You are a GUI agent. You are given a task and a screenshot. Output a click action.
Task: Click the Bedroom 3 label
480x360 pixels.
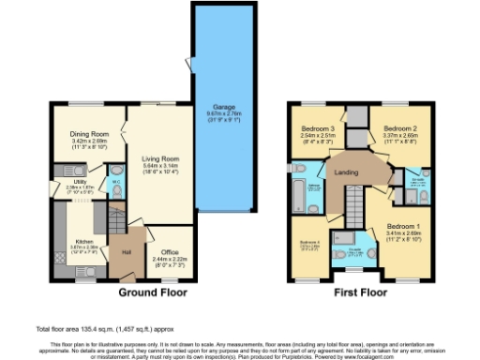pyautogui.click(x=318, y=128)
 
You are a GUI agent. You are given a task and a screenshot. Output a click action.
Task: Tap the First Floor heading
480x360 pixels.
pyautogui.click(x=361, y=292)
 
